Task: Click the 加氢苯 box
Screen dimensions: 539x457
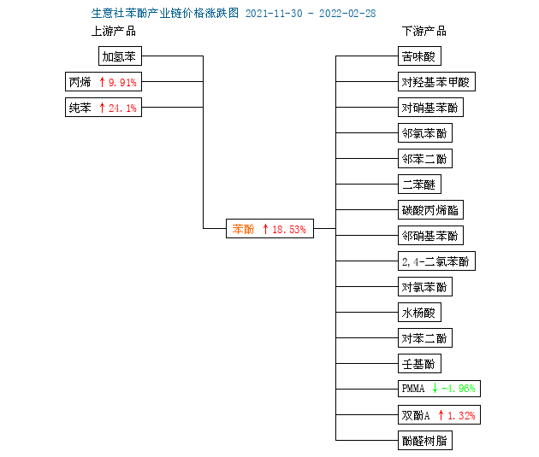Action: tap(120, 56)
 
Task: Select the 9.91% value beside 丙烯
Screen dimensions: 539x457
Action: tap(122, 82)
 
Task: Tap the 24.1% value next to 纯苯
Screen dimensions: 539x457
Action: tap(122, 108)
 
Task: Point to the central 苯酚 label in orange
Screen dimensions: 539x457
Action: tap(243, 229)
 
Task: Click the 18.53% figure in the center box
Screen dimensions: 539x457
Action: tap(289, 229)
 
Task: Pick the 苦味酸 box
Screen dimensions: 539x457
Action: tap(419, 56)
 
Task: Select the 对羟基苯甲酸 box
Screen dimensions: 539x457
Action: tap(436, 82)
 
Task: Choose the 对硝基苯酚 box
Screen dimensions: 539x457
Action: tap(430, 108)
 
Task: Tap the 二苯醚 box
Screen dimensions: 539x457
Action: tap(419, 185)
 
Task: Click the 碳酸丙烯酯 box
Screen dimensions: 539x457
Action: tap(430, 209)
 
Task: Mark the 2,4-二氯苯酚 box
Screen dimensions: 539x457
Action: tap(436, 261)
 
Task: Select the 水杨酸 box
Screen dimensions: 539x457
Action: tap(419, 313)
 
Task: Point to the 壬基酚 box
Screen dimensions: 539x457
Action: tap(419, 363)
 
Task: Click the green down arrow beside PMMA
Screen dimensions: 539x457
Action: tap(435, 388)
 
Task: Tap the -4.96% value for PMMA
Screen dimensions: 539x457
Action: tap(459, 389)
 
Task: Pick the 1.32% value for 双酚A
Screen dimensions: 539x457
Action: tap(461, 415)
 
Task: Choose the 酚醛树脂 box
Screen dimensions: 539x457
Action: tap(425, 441)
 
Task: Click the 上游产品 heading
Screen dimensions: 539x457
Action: tap(114, 31)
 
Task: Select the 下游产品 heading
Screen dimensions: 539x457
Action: tap(424, 31)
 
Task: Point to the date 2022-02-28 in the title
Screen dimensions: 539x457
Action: tap(347, 14)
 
